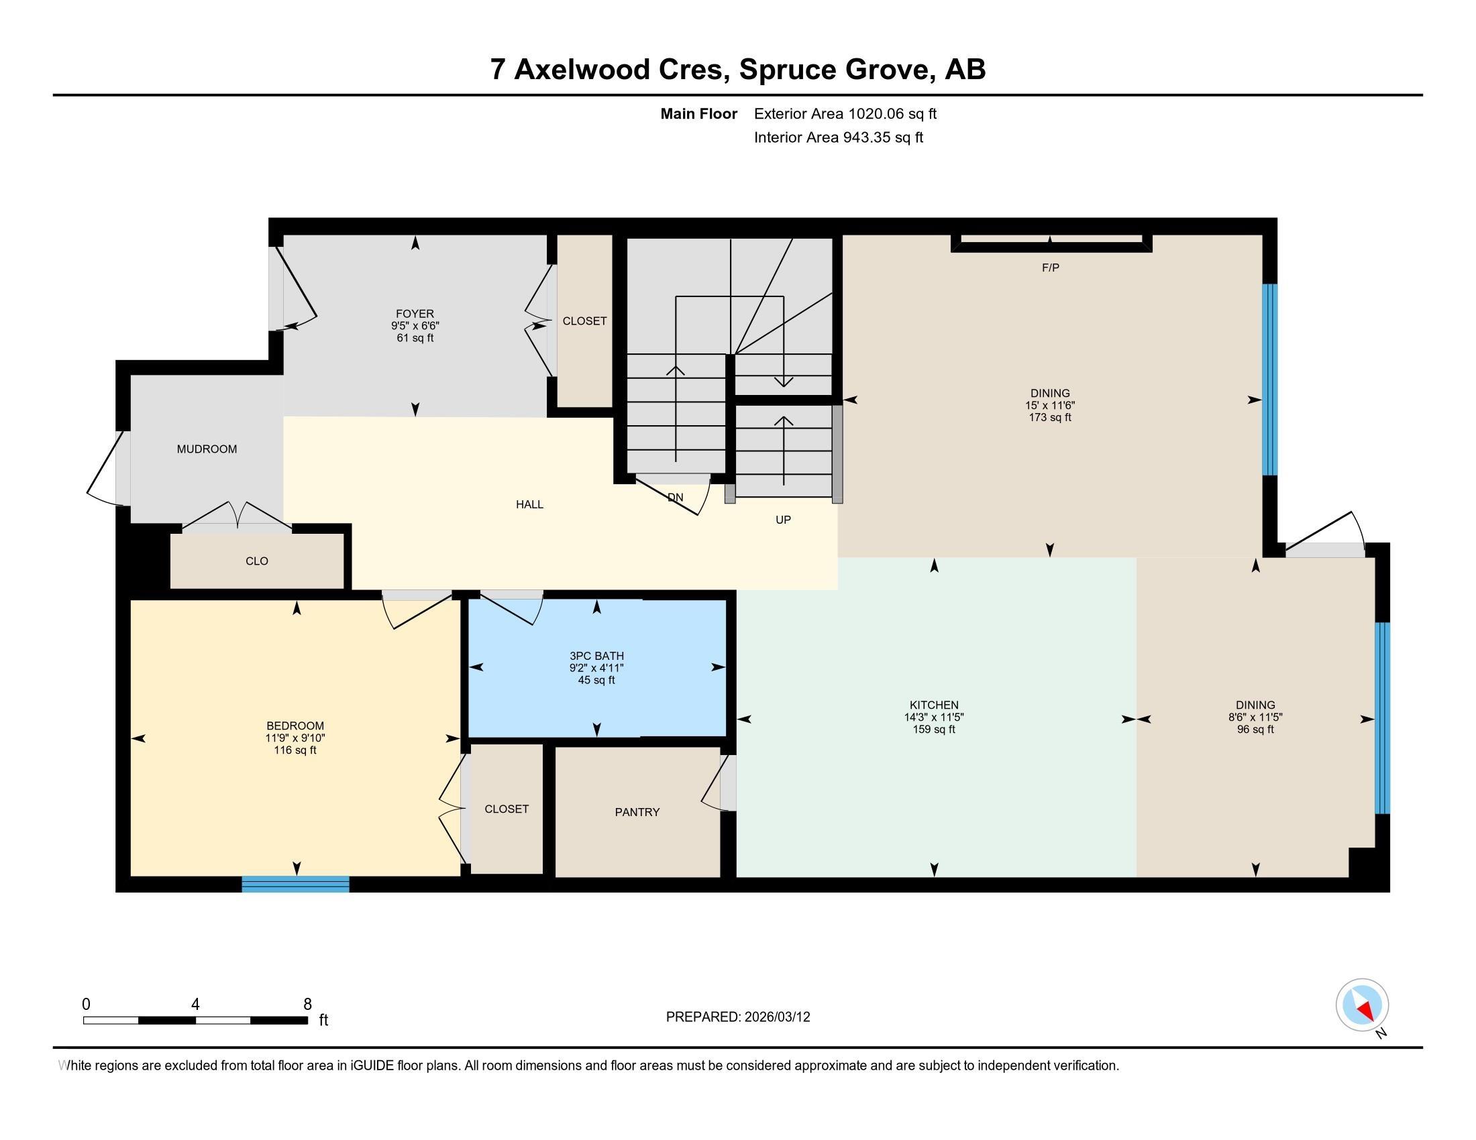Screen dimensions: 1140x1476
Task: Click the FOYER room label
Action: click(414, 313)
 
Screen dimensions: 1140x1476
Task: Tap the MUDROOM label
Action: click(207, 449)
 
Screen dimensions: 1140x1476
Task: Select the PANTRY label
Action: click(637, 812)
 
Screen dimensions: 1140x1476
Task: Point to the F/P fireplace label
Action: click(1049, 268)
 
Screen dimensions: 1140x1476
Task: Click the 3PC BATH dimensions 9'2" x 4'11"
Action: click(595, 668)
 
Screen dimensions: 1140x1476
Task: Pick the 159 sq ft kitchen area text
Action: click(933, 730)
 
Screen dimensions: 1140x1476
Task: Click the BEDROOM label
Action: click(295, 726)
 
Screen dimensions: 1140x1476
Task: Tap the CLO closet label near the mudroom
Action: click(257, 561)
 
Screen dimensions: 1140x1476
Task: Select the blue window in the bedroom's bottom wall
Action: click(295, 884)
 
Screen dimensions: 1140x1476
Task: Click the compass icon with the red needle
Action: click(1362, 1005)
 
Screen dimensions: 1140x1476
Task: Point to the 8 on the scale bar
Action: click(307, 1005)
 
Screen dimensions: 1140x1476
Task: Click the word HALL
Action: click(529, 504)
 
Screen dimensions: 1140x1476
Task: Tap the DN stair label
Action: click(675, 498)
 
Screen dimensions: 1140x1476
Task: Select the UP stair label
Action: click(782, 520)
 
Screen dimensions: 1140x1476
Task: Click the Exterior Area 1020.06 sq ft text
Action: click(845, 114)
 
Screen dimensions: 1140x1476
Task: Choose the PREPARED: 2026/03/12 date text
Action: click(737, 1017)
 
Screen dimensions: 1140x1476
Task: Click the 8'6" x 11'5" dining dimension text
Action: click(1255, 718)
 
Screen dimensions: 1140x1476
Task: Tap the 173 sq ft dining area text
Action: click(1049, 417)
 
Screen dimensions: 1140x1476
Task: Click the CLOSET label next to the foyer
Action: click(584, 321)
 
